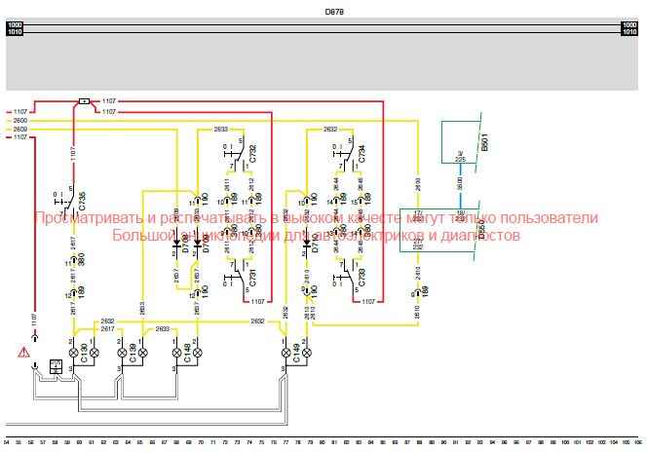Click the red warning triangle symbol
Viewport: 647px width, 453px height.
[x=21, y=352]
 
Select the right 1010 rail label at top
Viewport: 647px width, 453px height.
[x=628, y=32]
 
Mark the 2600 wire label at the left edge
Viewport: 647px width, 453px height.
[x=20, y=121]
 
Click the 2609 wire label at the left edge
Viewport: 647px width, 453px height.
[x=20, y=129]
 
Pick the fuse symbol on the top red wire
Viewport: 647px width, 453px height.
[x=85, y=100]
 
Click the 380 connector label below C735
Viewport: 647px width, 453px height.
[x=82, y=260]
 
